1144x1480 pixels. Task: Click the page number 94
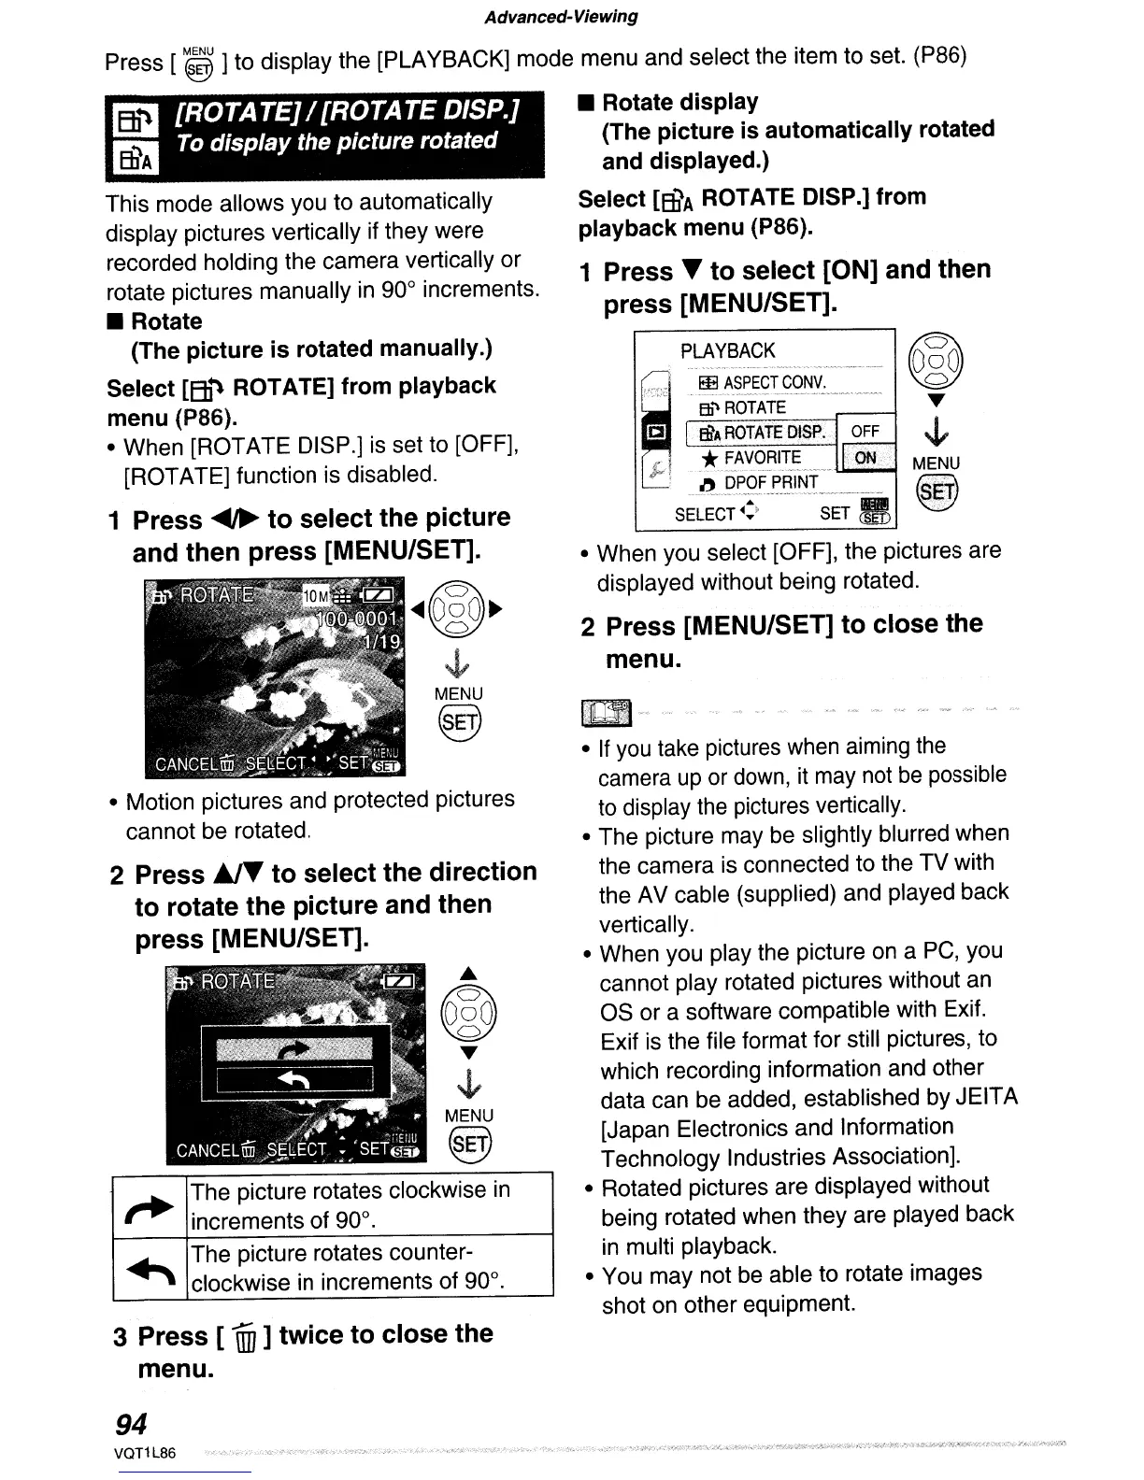[x=131, y=1424]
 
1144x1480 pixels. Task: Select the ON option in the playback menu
[x=865, y=458]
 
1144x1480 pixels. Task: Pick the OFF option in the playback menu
[x=865, y=432]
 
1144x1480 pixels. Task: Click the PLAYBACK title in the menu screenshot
[x=728, y=351]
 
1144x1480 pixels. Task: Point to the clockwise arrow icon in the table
[x=150, y=1206]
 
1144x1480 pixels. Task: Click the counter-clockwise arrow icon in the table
[x=150, y=1268]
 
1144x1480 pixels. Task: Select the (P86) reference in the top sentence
[x=939, y=55]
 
